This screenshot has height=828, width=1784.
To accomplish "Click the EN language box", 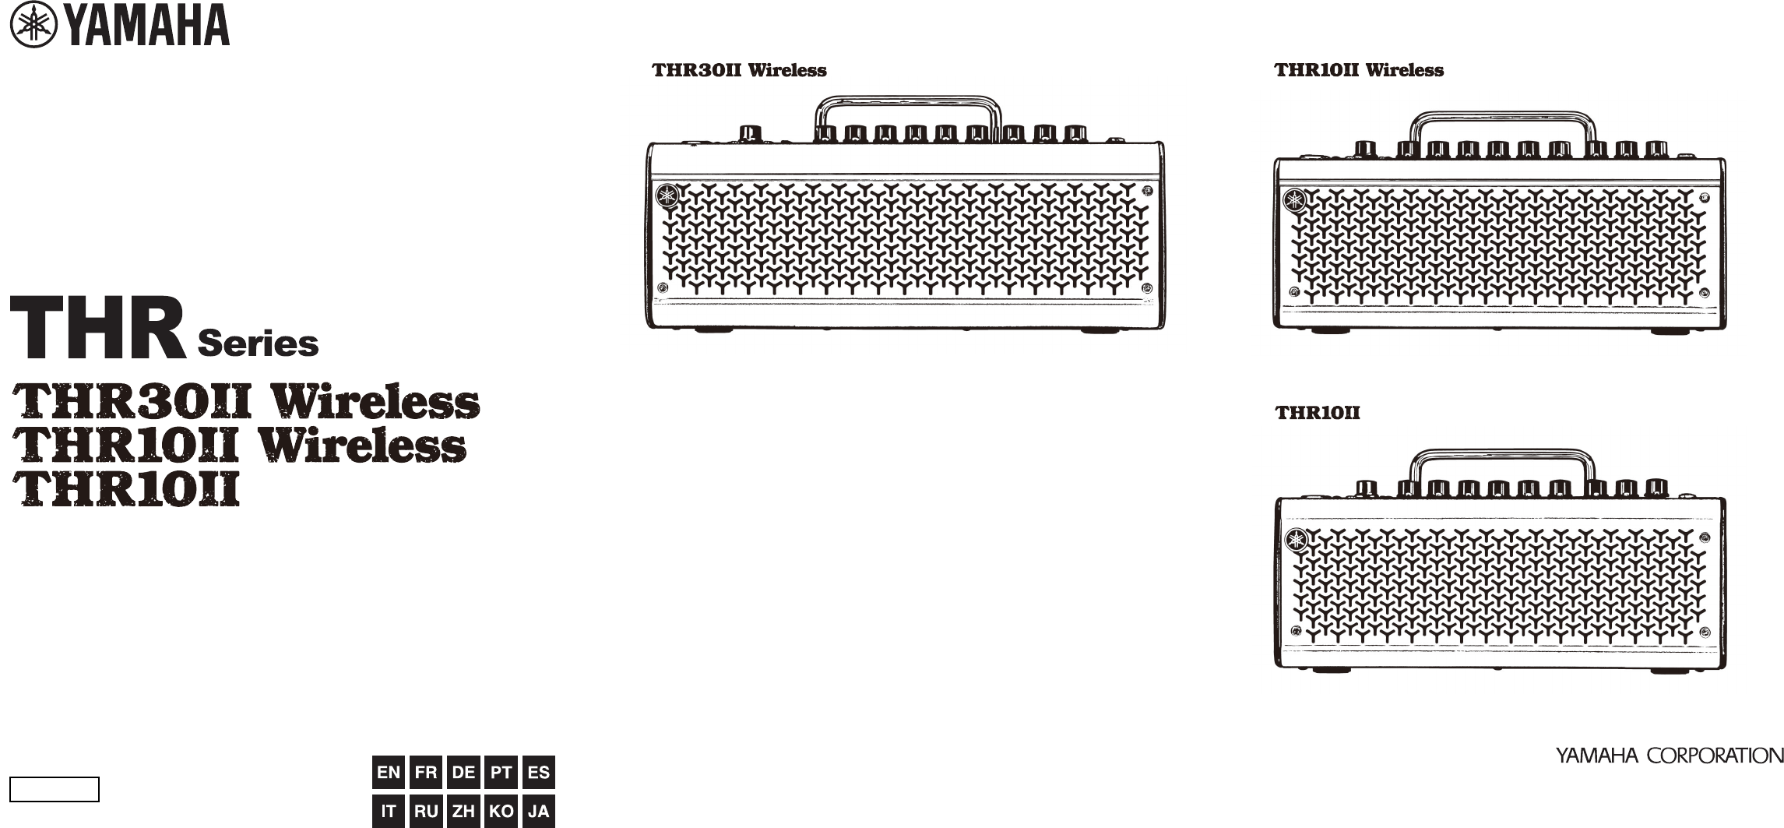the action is coord(389,773).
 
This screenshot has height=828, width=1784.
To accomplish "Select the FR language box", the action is coord(426,773).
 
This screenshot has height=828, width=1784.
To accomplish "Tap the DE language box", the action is coord(463,773).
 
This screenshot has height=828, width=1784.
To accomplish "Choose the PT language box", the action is coord(501,773).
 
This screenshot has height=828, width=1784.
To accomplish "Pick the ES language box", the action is coord(539,773).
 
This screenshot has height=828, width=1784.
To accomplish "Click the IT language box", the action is coord(389,811).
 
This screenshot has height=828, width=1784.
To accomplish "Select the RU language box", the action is coord(426,811).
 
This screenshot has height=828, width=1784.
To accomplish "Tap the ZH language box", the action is coord(463,811).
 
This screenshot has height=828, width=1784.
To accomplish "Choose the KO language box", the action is coord(501,811).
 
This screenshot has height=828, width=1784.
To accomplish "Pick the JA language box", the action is coord(539,811).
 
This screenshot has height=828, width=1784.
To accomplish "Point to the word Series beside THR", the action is coord(258,344).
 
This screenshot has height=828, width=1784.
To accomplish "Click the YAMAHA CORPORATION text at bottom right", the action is coord(1670,756).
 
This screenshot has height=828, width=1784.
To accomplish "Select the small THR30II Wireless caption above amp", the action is coord(739,70).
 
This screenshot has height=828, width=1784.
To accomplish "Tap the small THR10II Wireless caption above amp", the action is coord(1358,70).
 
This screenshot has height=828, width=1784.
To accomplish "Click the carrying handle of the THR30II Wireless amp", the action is coord(908,100).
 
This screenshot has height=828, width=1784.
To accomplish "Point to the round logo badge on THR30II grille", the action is coord(667,196).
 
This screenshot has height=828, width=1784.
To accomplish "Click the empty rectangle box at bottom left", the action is coord(55,789).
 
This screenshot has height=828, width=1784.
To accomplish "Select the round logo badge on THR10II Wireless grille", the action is coord(1295,201).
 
